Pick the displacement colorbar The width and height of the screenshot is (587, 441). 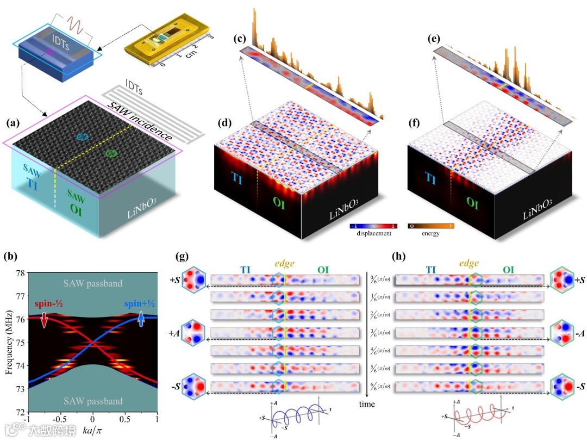pyautogui.click(x=372, y=226)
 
